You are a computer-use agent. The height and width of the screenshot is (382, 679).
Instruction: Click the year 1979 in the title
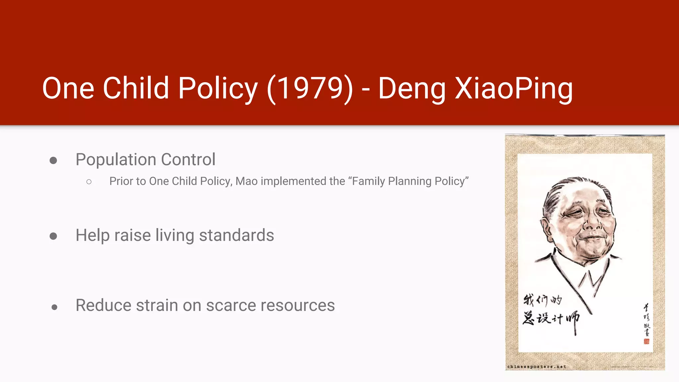(x=310, y=88)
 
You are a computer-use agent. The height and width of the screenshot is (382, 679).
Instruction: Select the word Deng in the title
(x=411, y=88)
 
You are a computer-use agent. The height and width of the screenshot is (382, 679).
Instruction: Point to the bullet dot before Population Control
(x=53, y=161)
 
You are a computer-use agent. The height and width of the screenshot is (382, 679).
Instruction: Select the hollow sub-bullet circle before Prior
(x=89, y=182)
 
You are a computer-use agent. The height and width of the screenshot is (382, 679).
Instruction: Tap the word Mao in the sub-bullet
(x=246, y=181)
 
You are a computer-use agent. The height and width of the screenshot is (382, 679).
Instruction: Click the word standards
(x=236, y=235)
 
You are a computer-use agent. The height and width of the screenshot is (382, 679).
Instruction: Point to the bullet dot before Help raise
(x=53, y=236)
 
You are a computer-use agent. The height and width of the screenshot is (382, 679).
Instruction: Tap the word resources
(x=297, y=305)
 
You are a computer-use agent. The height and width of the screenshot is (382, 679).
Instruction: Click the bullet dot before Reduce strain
(x=54, y=307)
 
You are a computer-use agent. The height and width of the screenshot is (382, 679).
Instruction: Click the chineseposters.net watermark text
(x=536, y=366)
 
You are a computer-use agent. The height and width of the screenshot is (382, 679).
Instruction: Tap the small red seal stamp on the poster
(x=646, y=341)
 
